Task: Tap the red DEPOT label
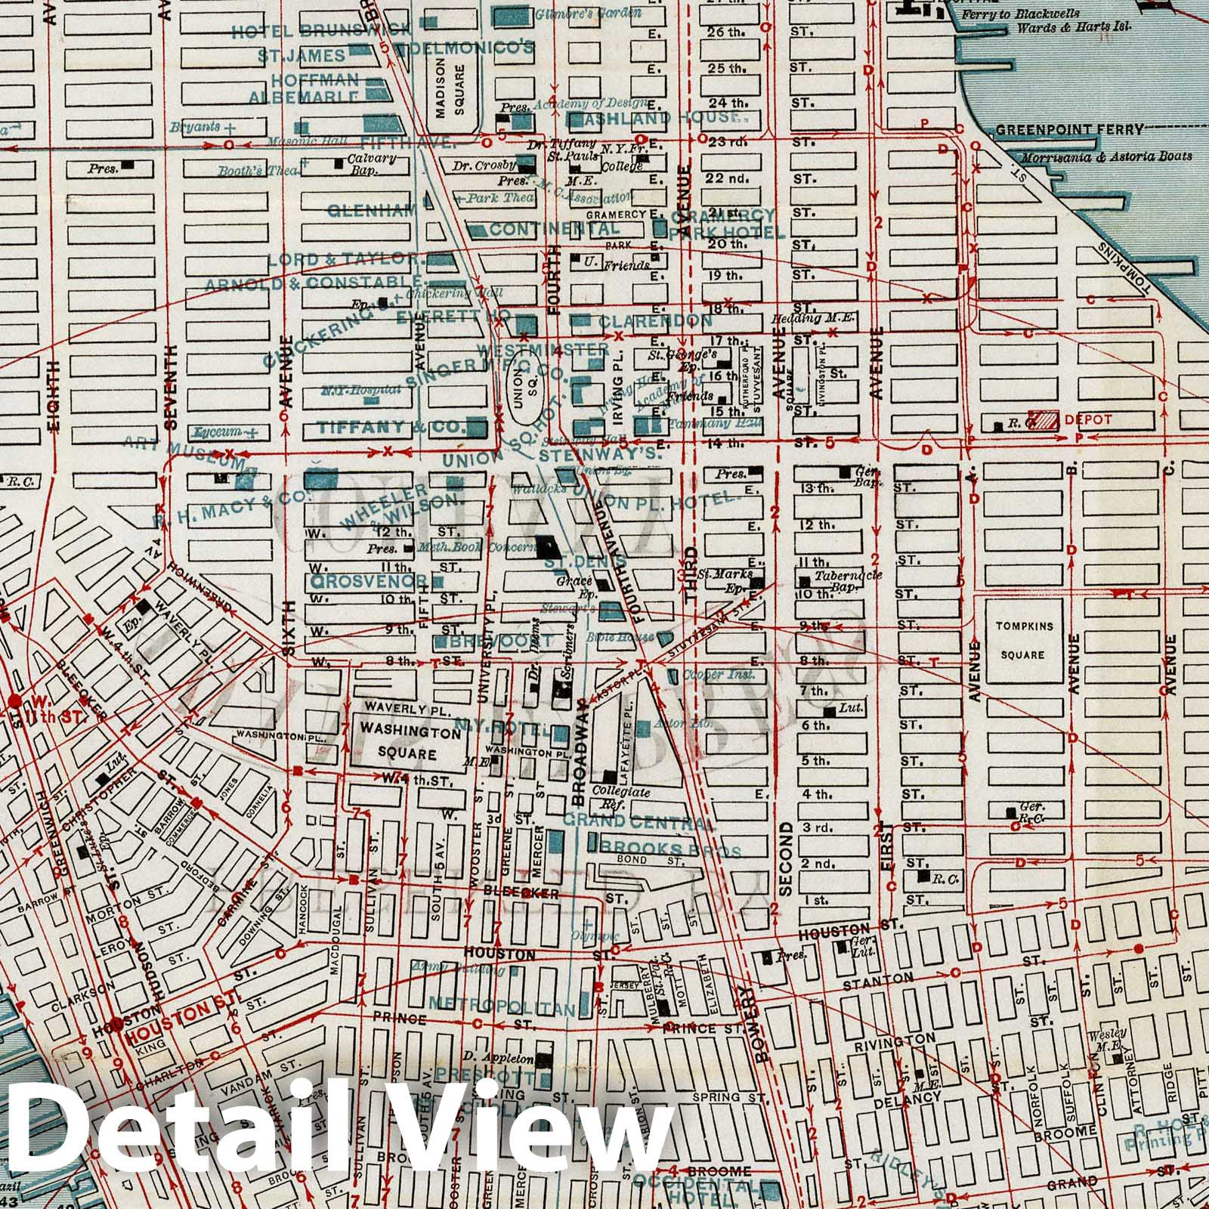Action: [1087, 419]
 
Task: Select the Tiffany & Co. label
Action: [391, 427]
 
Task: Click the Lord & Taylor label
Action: [347, 259]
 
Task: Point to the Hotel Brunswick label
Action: [321, 31]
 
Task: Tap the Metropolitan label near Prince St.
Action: [507, 1003]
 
